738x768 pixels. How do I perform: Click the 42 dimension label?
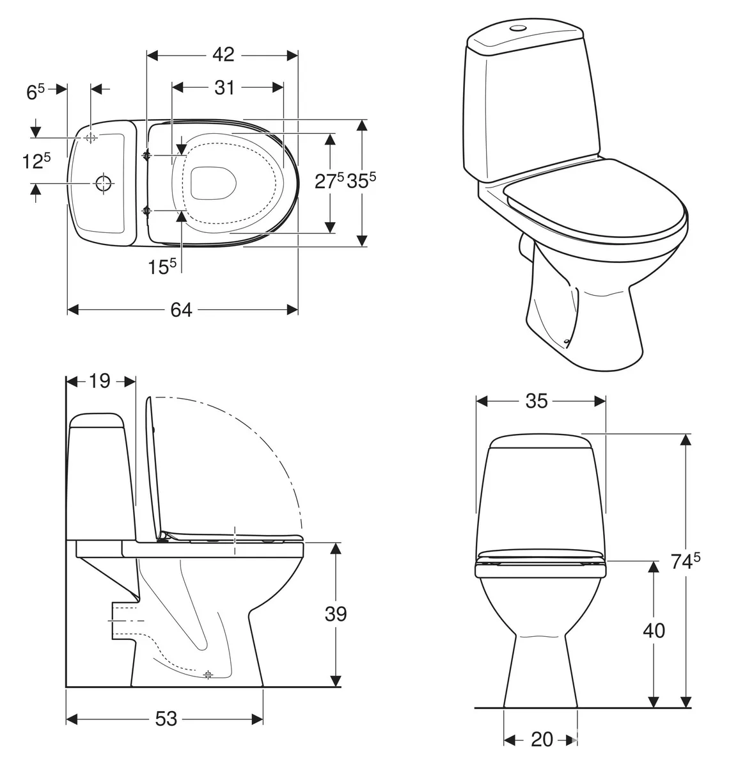click(223, 54)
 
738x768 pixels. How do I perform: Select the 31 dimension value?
click(224, 88)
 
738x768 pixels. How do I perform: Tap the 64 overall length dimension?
click(181, 310)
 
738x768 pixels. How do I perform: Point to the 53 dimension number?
click(166, 719)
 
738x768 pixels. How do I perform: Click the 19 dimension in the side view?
click(99, 381)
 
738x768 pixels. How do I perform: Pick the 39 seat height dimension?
click(336, 614)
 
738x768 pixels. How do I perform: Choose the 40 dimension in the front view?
click(654, 630)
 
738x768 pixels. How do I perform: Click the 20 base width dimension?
click(542, 740)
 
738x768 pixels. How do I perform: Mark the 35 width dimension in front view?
click(537, 401)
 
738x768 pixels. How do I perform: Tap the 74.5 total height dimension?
click(686, 561)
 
